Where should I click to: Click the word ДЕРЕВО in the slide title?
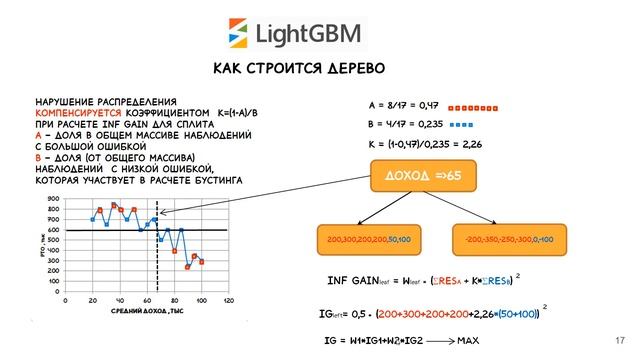point(349,68)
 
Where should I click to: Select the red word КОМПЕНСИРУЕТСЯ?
point(79,113)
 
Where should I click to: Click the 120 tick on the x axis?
point(228,299)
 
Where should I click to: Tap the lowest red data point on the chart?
point(188,267)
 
